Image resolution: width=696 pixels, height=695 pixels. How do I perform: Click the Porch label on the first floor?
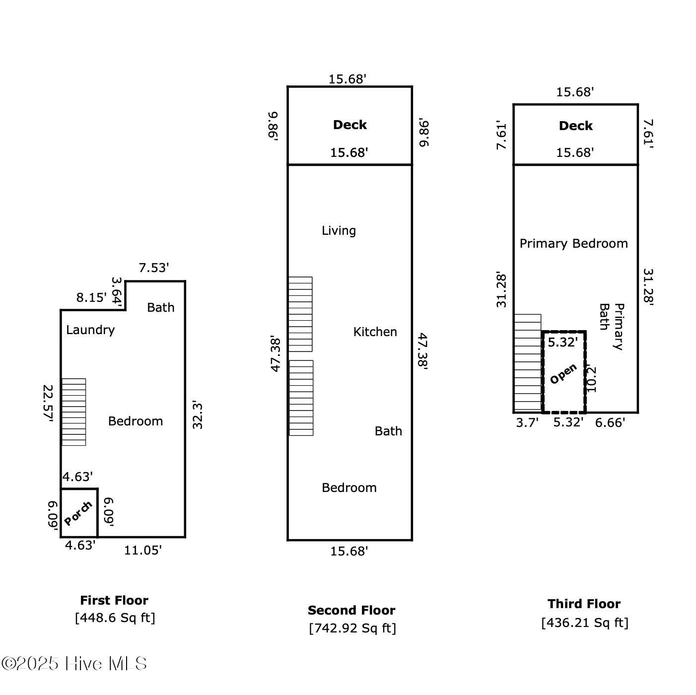[x=78, y=513]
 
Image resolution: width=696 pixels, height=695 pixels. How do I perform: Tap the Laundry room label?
[x=90, y=330]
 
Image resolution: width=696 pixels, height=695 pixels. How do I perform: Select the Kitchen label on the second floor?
[x=375, y=332]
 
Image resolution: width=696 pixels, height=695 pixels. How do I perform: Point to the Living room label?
[x=339, y=230]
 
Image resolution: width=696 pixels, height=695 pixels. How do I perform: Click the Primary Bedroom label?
[x=573, y=243]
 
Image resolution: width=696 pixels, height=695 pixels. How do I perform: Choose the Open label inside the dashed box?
[x=563, y=374]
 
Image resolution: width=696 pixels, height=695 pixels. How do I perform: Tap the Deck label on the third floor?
[x=576, y=126]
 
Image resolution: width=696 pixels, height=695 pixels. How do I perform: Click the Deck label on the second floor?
[x=349, y=125]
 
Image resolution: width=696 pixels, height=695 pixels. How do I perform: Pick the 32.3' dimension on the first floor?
[x=198, y=416]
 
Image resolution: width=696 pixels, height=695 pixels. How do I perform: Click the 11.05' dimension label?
[x=142, y=550]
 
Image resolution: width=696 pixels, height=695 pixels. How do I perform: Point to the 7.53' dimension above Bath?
[x=154, y=268]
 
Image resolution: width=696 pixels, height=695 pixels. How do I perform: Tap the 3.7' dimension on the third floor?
[x=527, y=422]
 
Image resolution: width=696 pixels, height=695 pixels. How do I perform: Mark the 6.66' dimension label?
[x=610, y=422]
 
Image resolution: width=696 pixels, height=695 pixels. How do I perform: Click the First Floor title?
[x=114, y=600]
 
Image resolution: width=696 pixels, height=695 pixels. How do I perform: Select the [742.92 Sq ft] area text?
[x=352, y=628]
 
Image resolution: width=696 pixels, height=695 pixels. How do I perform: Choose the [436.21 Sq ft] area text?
[x=585, y=623]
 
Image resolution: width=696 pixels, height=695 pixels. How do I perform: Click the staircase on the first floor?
[x=73, y=412]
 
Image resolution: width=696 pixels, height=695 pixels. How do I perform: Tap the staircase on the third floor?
[x=528, y=363]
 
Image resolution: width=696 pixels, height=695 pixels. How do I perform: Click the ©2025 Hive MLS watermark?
[x=74, y=664]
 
